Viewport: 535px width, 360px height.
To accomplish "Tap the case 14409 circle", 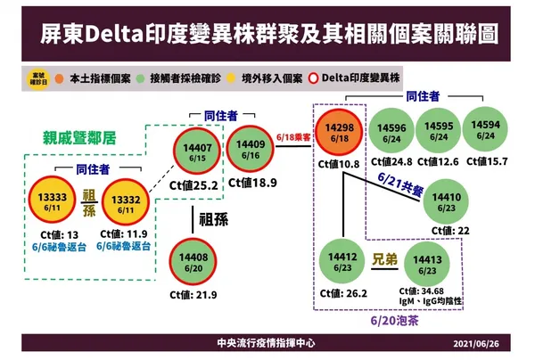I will pyautogui.click(x=251, y=150).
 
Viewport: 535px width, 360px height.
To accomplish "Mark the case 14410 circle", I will pyautogui.click(x=445, y=201).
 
